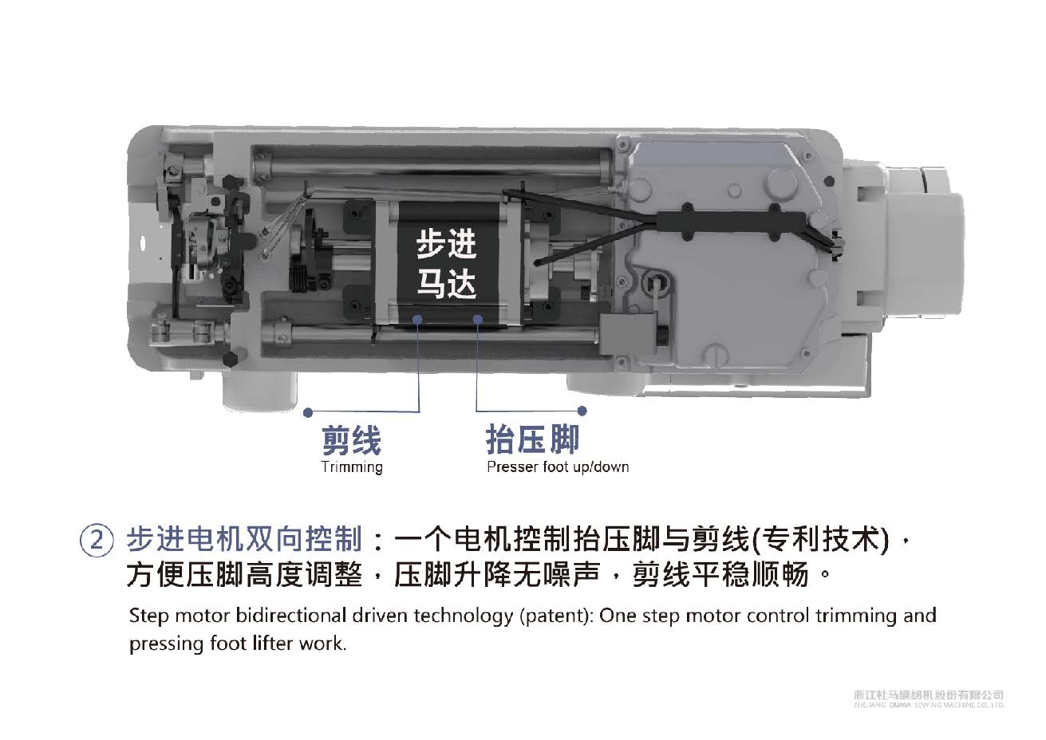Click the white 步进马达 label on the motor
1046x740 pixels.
click(446, 264)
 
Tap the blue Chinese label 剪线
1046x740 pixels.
click(352, 440)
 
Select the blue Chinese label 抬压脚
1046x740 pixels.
click(532, 439)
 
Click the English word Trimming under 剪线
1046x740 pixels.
click(352, 467)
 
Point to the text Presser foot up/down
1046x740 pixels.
click(558, 467)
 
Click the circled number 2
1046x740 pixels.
click(97, 541)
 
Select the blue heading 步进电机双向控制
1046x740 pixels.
click(244, 540)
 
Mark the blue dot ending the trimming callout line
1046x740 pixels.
click(308, 412)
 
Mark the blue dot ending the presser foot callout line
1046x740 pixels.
click(582, 411)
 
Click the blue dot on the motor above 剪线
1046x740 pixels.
click(418, 319)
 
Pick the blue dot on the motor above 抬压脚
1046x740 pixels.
click(477, 319)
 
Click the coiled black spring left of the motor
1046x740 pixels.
click(301, 278)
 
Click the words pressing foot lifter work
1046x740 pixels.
click(238, 644)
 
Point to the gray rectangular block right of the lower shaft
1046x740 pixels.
click(626, 334)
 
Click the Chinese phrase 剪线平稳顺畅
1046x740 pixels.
click(720, 575)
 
